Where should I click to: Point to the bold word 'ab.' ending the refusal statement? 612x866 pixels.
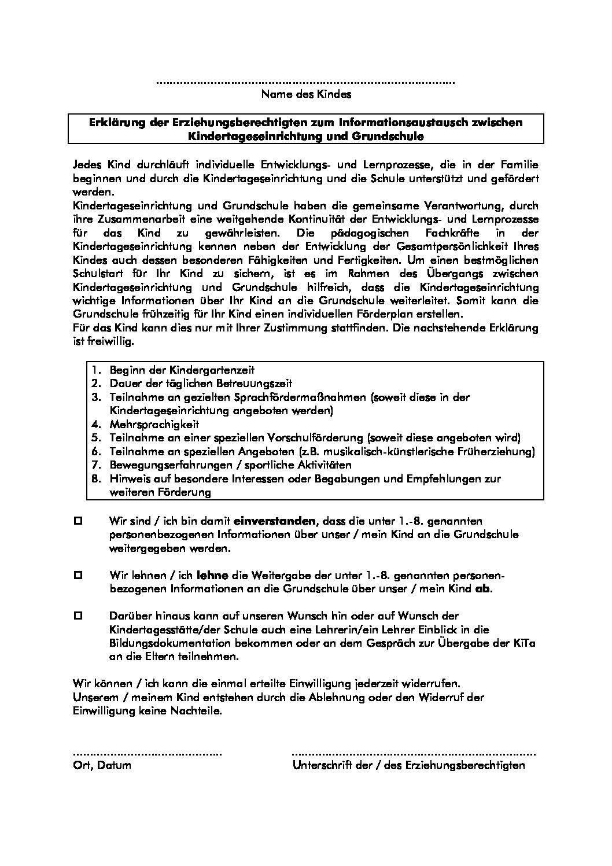[484, 589]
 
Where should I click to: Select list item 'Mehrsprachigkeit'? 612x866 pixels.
[154, 424]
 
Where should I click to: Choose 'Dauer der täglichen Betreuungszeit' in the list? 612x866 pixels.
[200, 384]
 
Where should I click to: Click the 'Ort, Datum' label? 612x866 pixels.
[102, 766]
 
